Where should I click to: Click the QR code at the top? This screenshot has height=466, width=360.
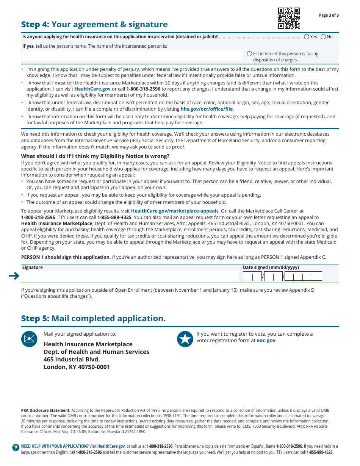coord(289,18)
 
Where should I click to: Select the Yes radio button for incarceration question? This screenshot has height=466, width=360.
coord(306,37)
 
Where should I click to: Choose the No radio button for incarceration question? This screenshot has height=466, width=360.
coord(323,37)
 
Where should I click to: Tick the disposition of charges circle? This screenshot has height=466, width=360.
coord(249,54)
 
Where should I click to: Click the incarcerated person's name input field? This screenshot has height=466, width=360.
coord(132,56)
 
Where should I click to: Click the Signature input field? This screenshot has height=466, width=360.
coord(132,277)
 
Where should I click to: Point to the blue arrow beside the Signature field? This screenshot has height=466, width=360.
coord(14,276)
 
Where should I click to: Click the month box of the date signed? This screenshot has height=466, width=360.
coord(252,277)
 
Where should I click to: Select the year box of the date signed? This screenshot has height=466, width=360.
coord(303,277)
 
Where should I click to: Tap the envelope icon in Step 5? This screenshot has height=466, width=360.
coord(29,339)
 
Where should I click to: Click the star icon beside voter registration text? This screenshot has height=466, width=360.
coord(185,339)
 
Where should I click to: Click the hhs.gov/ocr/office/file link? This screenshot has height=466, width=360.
coord(207,109)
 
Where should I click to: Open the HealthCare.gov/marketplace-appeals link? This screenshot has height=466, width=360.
coord(175,211)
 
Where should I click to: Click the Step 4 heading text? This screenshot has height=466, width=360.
coord(94,25)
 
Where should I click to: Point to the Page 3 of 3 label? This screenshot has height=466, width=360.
coord(329,16)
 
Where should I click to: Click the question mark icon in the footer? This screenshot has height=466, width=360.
coord(16,447)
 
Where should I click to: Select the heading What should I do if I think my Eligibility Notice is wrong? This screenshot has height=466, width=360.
coord(95,156)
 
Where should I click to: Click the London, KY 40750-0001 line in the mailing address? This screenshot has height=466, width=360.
coord(77,367)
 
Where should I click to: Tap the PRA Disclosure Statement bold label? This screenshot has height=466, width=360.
coord(45,410)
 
